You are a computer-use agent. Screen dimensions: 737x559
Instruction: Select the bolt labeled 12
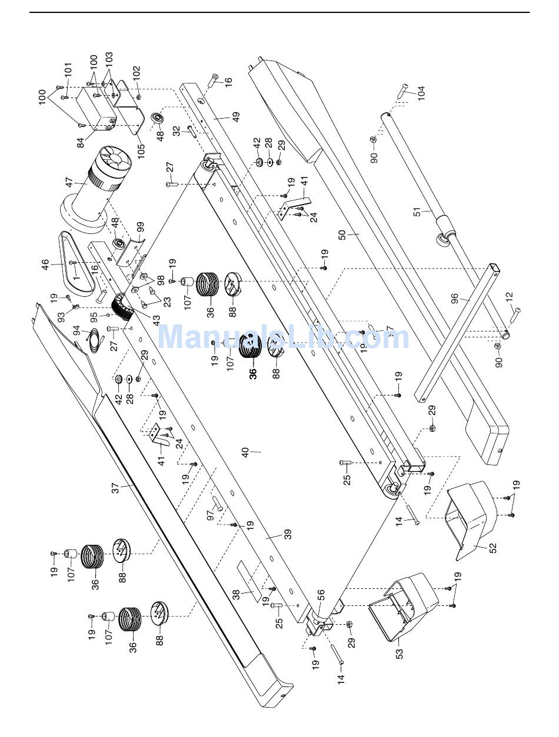(x=514, y=315)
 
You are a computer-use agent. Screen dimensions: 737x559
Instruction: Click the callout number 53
(x=398, y=652)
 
